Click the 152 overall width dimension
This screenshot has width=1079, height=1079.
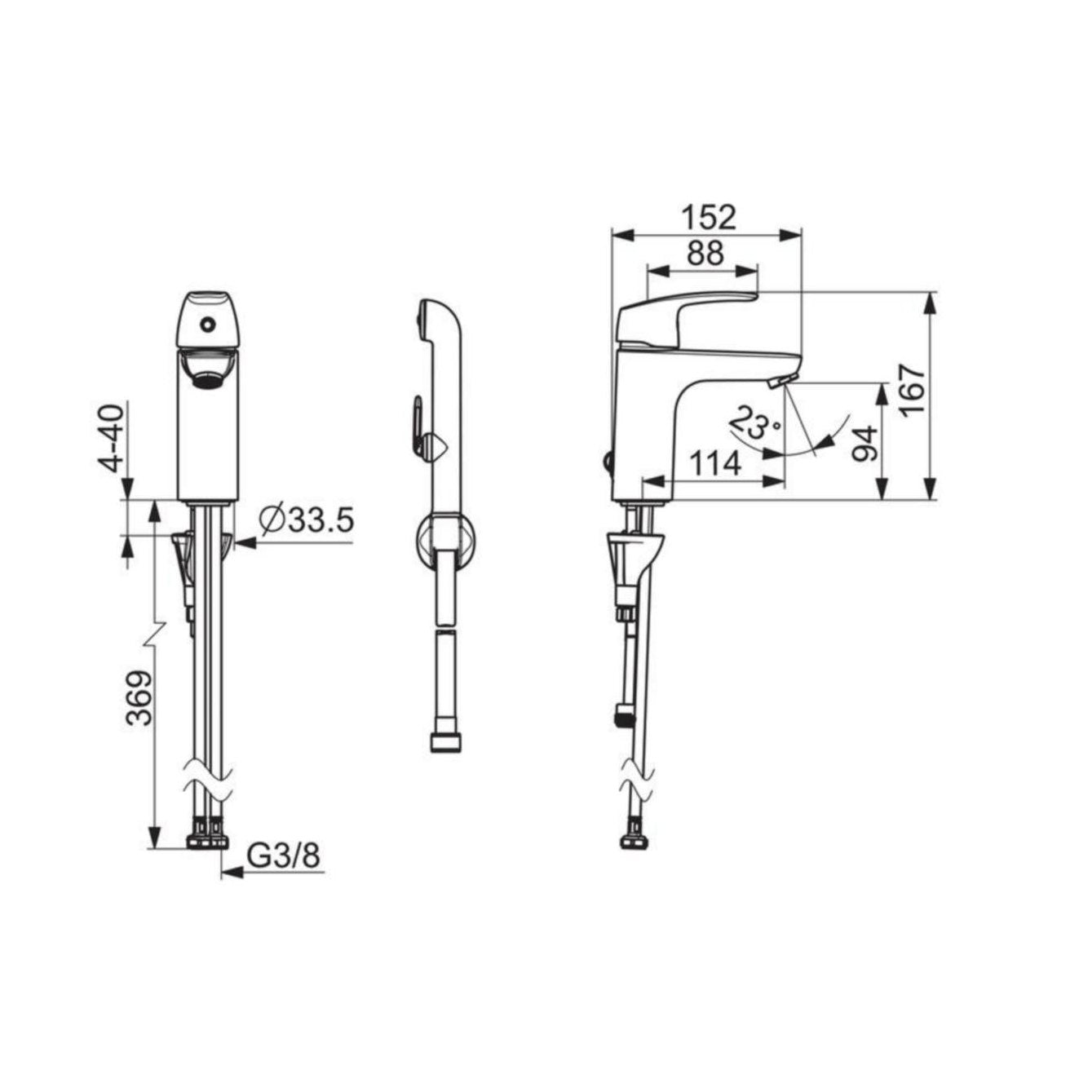click(x=708, y=217)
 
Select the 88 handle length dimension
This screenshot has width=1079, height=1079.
click(x=704, y=254)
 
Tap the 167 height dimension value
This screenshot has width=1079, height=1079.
click(x=914, y=391)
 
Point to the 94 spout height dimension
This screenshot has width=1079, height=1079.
click(x=866, y=444)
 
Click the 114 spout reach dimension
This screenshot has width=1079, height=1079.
click(x=715, y=464)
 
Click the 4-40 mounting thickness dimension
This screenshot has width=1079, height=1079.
click(x=113, y=437)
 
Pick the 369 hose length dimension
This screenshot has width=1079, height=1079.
click(x=139, y=698)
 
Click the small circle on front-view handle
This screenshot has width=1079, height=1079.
click(x=208, y=325)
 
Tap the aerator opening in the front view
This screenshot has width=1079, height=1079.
click(x=208, y=373)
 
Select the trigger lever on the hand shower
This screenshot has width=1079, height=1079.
click(x=418, y=424)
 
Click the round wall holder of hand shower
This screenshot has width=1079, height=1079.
click(x=444, y=540)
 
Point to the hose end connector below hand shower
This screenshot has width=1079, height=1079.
click(x=445, y=742)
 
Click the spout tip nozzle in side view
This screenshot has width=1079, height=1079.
click(x=783, y=382)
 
